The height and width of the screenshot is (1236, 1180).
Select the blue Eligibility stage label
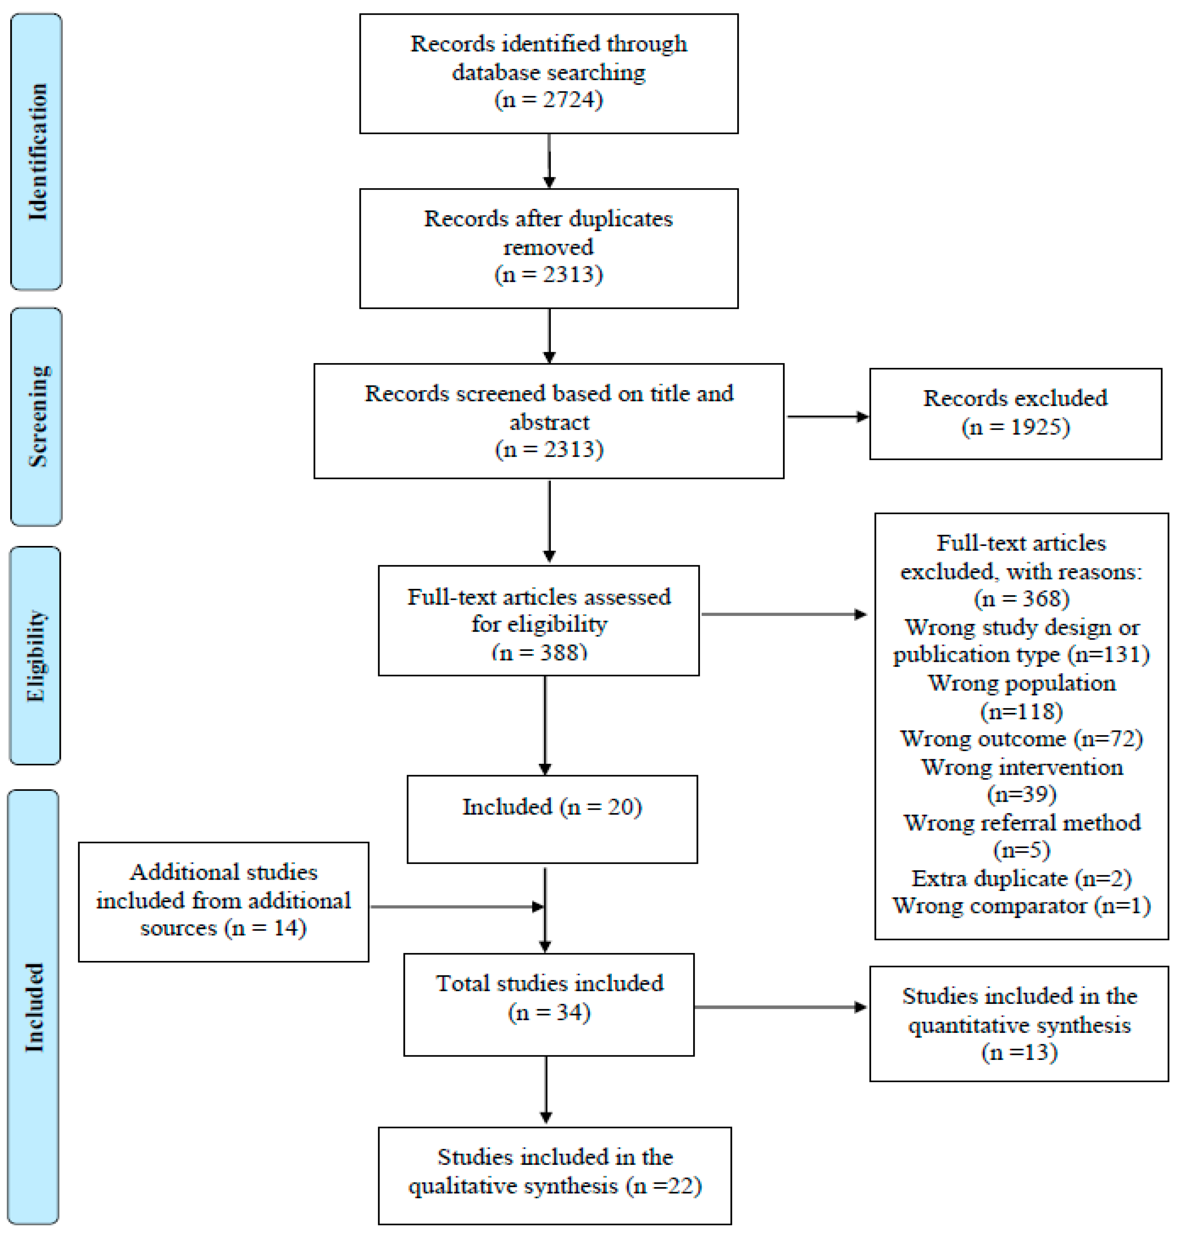point(36,655)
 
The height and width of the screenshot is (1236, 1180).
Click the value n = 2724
point(549,99)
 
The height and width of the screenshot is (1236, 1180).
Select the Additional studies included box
point(223,901)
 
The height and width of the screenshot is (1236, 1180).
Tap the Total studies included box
point(549,1005)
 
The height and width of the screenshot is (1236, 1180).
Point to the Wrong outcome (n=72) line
point(1021,739)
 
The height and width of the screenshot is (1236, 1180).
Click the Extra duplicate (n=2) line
point(1021,878)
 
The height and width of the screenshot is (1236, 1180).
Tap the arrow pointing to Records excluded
point(827,417)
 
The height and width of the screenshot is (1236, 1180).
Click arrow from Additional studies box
point(456,906)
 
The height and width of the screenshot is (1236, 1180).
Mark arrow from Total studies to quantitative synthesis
point(780,1007)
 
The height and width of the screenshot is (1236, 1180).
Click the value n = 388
point(539,652)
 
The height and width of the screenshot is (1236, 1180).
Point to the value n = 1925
point(1015,427)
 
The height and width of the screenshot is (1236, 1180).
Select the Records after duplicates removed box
point(549,248)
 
